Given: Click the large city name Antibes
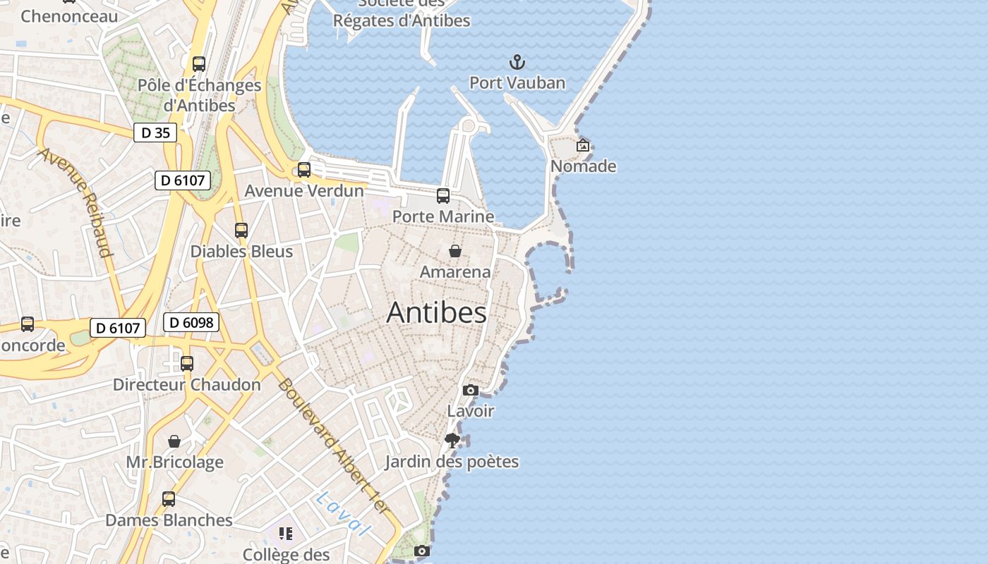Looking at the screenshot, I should tap(436, 313).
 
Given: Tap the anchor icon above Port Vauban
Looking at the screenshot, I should tap(517, 62).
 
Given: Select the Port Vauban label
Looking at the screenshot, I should tap(517, 83).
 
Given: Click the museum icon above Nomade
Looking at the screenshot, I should tap(583, 146).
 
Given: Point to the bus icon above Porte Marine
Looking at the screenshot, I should tap(443, 196).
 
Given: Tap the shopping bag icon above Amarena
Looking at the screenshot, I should tap(455, 251).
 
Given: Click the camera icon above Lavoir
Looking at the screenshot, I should tap(471, 391).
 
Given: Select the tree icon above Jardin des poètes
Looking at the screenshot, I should tap(452, 441).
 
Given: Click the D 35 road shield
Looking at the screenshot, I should tap(155, 133).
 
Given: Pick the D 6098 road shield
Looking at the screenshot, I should tap(191, 323).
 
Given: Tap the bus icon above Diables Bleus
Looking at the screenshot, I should tap(241, 231).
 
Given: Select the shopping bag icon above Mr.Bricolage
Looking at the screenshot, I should tap(174, 442).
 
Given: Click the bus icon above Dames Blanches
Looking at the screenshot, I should tap(169, 499).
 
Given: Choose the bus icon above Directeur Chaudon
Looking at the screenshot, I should tap(187, 364).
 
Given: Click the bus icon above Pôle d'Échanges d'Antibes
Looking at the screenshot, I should tap(199, 64).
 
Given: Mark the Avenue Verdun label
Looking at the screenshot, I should tap(304, 191).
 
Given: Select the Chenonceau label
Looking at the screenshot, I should tap(69, 16).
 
